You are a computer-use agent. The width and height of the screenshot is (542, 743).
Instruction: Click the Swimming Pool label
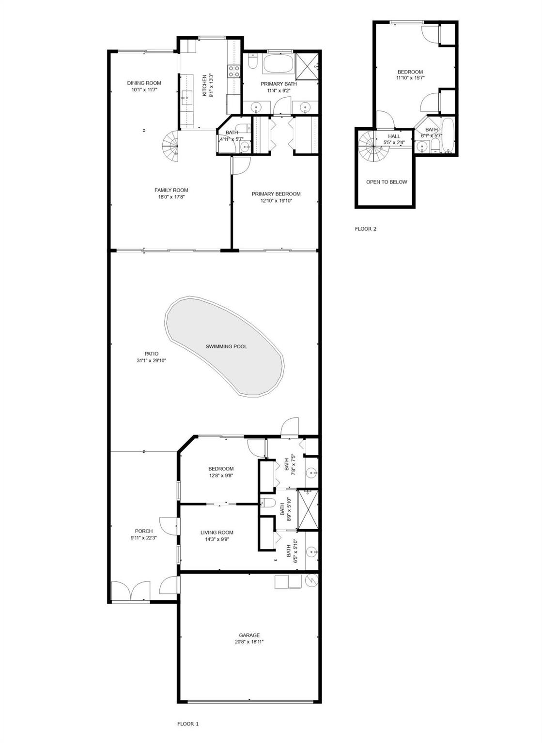(x=226, y=347)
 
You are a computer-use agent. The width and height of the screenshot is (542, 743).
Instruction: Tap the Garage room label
(x=249, y=635)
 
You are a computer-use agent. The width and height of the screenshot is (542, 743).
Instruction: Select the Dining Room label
(x=144, y=83)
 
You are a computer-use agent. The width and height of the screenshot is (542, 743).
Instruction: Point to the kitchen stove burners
(x=233, y=71)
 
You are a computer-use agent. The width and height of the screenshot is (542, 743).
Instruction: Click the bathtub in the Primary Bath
(x=279, y=64)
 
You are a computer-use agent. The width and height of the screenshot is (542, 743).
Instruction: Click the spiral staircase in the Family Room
(x=170, y=146)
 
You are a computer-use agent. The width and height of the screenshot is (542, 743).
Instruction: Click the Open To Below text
(x=387, y=182)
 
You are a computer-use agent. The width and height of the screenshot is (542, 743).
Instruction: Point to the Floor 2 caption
(x=366, y=229)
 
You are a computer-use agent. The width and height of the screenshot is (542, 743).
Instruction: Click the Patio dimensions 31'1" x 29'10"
(x=152, y=360)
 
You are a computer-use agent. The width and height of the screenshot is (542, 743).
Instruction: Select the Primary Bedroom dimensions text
(x=276, y=201)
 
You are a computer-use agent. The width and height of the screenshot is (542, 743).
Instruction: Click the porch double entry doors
(x=131, y=591)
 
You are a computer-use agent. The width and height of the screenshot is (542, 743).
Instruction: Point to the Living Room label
(x=217, y=533)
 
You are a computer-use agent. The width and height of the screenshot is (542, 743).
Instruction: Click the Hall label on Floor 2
(x=394, y=136)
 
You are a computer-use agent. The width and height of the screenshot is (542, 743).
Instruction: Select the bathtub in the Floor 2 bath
(x=448, y=135)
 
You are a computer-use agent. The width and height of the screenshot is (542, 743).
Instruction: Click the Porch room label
(x=144, y=531)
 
